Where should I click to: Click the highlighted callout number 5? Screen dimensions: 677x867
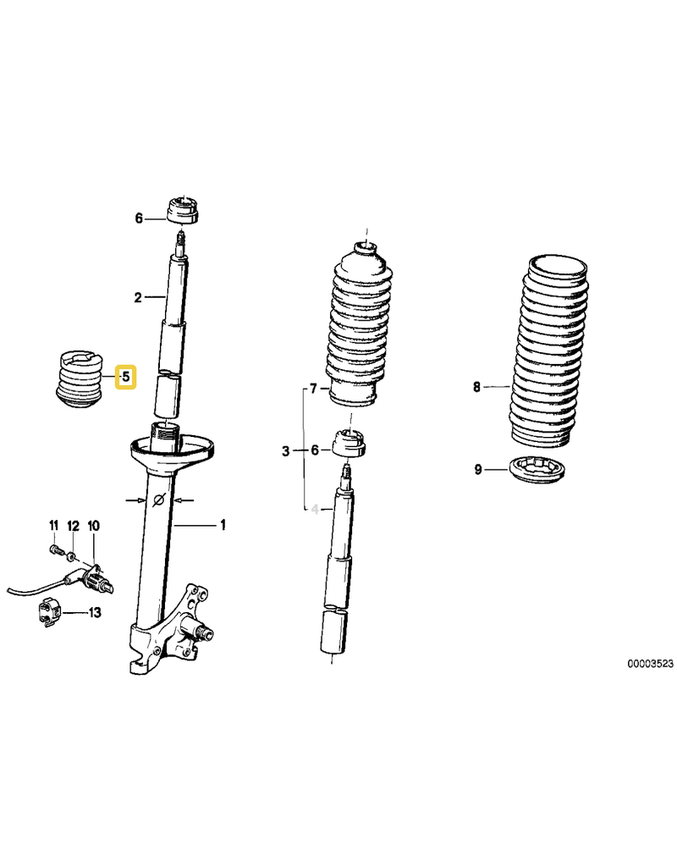pyautogui.click(x=125, y=377)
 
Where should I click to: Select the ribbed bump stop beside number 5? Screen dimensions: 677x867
pyautogui.click(x=81, y=380)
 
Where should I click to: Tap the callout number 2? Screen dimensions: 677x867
pyautogui.click(x=138, y=297)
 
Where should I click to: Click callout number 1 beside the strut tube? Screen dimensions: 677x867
pyautogui.click(x=223, y=524)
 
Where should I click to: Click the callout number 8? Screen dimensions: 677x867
pyautogui.click(x=476, y=387)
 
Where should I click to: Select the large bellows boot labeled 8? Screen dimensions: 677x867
pyautogui.click(x=549, y=351)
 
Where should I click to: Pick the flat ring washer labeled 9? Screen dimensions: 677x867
pyautogui.click(x=538, y=471)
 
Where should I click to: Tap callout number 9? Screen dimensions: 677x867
pyautogui.click(x=478, y=469)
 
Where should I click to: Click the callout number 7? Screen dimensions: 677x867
pyautogui.click(x=313, y=389)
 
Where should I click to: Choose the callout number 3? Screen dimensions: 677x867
pyautogui.click(x=285, y=450)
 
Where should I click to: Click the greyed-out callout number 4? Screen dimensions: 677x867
pyautogui.click(x=315, y=509)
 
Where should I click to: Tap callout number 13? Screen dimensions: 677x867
pyautogui.click(x=95, y=612)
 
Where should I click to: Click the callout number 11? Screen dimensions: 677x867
pyautogui.click(x=53, y=525)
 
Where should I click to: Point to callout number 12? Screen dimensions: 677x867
pyautogui.click(x=73, y=525)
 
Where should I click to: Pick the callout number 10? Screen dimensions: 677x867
pyautogui.click(x=93, y=525)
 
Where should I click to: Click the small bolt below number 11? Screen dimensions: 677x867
pyautogui.click(x=53, y=549)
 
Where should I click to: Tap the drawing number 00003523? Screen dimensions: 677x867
pyautogui.click(x=650, y=663)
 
